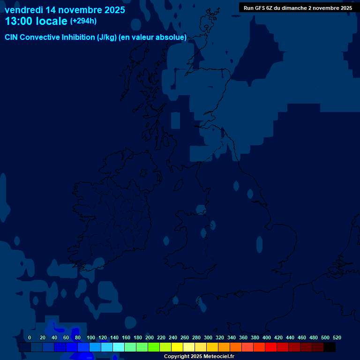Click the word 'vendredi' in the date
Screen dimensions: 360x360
[x=23, y=10]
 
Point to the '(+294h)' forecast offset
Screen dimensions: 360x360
[x=83, y=21]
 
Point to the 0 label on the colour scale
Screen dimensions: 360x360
[x=30, y=337]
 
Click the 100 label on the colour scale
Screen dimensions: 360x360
[x=91, y=337]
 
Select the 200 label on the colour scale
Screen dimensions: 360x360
[x=150, y=337]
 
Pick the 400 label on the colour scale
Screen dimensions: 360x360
[x=267, y=337]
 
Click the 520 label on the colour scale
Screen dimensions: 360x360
[x=337, y=337]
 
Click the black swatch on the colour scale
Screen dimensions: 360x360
[x=330, y=347]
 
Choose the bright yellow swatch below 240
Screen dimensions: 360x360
[x=177, y=347]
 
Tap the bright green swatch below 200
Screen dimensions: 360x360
[x=154, y=347]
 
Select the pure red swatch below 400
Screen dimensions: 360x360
[x=271, y=347]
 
